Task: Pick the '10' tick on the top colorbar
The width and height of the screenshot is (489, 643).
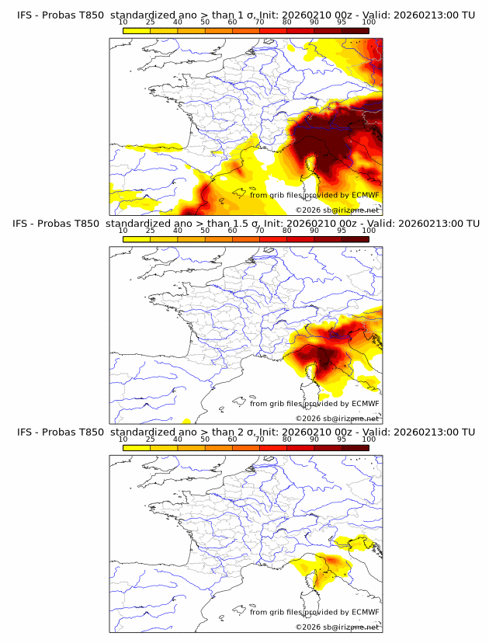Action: pyautogui.click(x=123, y=23)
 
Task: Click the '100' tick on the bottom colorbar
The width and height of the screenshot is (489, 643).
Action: pyautogui.click(x=369, y=439)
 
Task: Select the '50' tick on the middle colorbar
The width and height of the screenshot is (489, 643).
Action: pyautogui.click(x=205, y=231)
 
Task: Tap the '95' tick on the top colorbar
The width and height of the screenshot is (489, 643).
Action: pyautogui.click(x=342, y=23)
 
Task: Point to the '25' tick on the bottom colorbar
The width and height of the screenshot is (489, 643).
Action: pyautogui.click(x=151, y=439)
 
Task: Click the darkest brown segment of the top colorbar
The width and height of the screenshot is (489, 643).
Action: pyautogui.click(x=355, y=30)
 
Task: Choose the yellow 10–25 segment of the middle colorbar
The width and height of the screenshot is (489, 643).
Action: pyautogui.click(x=137, y=238)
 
